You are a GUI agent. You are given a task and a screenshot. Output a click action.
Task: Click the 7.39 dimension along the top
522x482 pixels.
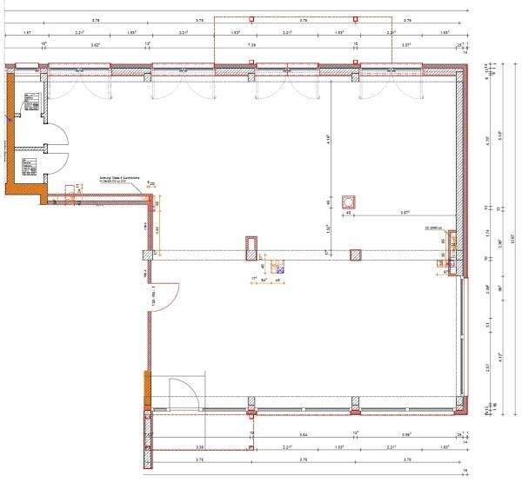pos(251,43)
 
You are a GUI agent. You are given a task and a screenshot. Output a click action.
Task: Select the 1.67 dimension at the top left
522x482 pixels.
pos(28,31)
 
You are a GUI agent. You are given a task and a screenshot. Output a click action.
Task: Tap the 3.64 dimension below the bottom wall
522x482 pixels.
pos(303,432)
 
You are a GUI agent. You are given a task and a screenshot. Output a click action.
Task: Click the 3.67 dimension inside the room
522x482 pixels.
pos(405,212)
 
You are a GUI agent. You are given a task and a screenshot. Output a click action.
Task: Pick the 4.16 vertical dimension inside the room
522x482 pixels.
pos(327,137)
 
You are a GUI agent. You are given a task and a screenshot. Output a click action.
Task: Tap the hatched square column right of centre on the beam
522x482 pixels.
pos(355,255)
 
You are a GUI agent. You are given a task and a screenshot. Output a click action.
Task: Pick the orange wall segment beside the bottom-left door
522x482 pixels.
pos(146,387)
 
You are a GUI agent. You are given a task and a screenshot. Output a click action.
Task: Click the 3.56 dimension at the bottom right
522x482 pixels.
pos(407,432)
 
